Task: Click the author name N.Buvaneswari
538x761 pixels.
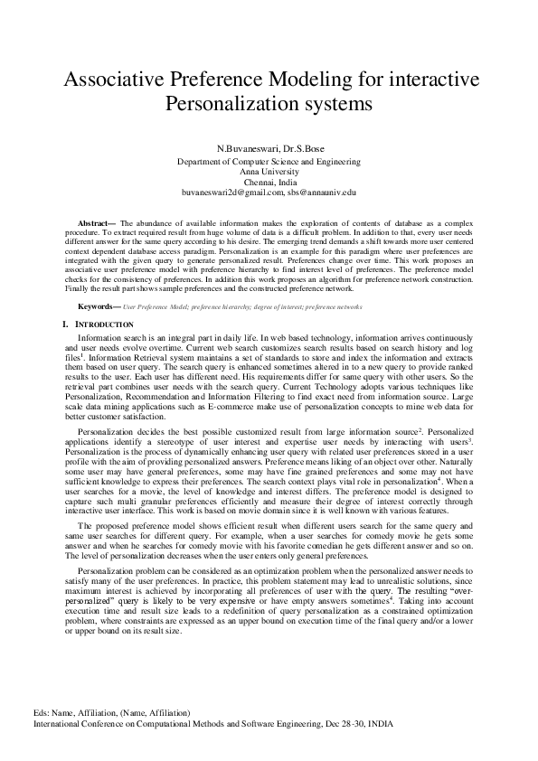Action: coord(243,148)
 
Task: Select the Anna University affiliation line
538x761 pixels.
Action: coord(269,172)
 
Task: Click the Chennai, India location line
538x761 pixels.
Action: coord(269,182)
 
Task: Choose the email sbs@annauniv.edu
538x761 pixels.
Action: coord(322,193)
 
